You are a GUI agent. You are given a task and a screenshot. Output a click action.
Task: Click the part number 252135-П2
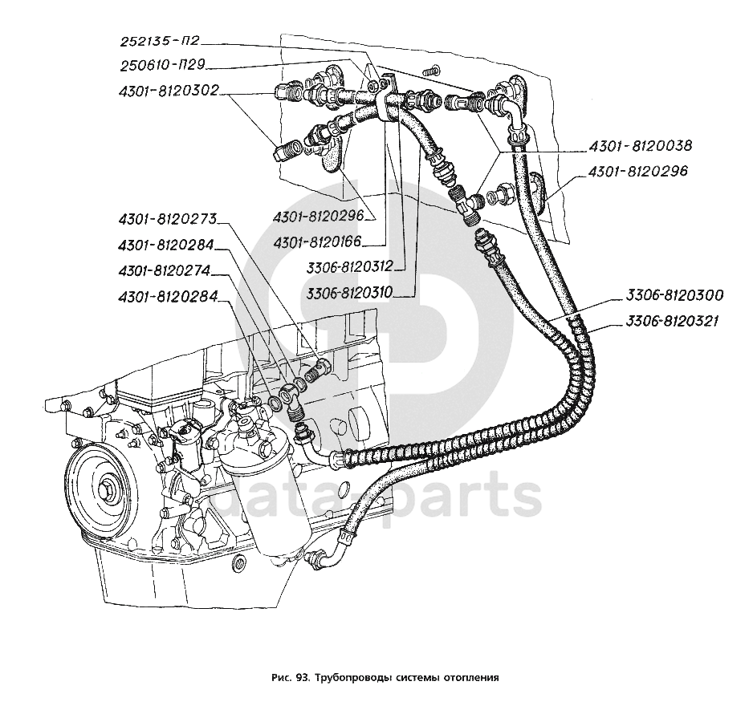coord(159,42)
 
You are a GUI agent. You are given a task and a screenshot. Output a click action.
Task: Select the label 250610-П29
coord(162,66)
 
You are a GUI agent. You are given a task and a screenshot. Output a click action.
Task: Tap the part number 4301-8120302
coord(169,90)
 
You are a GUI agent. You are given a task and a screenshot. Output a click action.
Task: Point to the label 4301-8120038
coord(640,145)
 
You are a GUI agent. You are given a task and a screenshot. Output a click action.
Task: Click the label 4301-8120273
coord(168,220)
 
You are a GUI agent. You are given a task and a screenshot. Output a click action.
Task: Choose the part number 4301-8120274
coord(165,271)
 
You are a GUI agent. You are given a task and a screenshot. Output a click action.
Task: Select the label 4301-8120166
coord(317,243)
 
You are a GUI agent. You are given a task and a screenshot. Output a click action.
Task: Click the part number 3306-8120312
coord(349,267)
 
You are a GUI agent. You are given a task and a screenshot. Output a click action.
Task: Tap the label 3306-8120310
coord(349,291)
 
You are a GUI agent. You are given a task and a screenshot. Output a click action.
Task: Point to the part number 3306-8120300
coord(674,295)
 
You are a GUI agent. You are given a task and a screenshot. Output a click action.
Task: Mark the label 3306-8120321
coord(671,321)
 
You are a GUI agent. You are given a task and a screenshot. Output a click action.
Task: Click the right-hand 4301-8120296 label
coord(637,171)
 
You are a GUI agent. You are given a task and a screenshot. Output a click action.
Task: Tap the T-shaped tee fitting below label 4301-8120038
coord(466,204)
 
